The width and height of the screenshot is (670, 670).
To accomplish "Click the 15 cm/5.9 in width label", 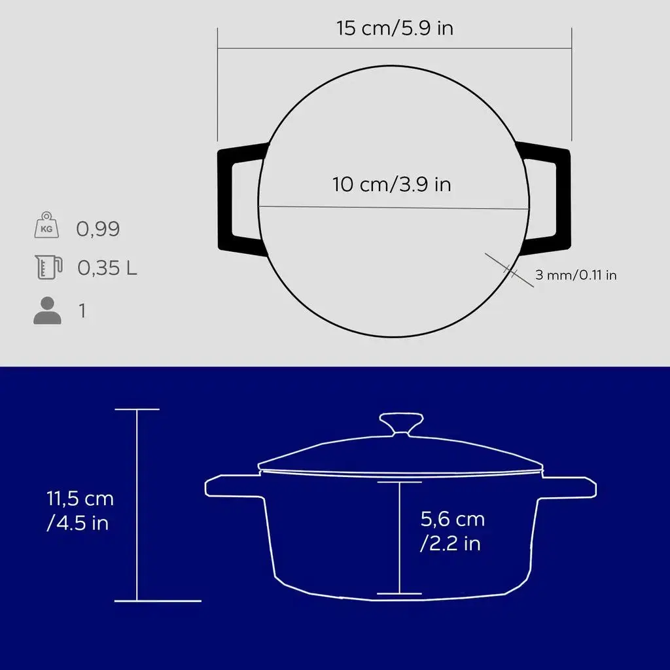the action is [x=395, y=28].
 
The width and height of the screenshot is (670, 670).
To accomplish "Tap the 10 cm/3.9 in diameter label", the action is [x=392, y=185].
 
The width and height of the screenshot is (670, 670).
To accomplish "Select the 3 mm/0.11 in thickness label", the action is [x=576, y=275].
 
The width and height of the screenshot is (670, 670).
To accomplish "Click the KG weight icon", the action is [x=46, y=225].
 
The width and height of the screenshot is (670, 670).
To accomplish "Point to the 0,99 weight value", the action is [x=98, y=228].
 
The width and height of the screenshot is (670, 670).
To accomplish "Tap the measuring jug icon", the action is [x=48, y=267].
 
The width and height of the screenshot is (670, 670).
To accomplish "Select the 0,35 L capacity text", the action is [x=107, y=268].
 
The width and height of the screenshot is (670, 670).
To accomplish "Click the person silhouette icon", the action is [x=47, y=310].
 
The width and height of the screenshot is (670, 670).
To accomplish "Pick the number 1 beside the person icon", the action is [x=82, y=311].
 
